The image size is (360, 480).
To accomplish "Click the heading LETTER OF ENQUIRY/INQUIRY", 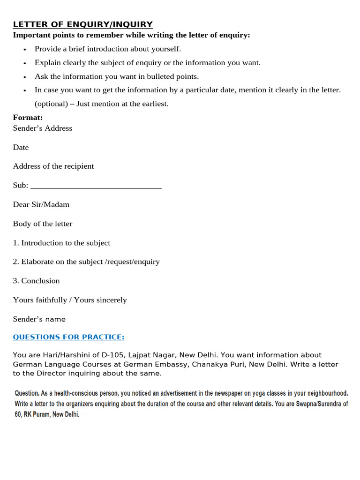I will click(82, 24).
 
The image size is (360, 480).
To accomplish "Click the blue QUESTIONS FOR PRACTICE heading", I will click(68, 337).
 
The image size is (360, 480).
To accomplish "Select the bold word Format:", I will click(28, 117).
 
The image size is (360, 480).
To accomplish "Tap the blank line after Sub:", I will click(96, 186).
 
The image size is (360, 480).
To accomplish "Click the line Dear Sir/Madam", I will click(41, 204).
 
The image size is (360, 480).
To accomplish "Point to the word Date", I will click(21, 147).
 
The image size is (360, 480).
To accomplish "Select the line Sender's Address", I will click(43, 128).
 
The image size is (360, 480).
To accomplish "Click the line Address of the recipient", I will click(53, 166).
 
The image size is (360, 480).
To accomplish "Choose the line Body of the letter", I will click(43, 224).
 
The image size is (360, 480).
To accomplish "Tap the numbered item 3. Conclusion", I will click(37, 281).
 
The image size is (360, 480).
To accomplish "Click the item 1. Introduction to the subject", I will click(61, 243).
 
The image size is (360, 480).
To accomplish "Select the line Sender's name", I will click(39, 319).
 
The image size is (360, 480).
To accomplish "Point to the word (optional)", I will click(49, 104).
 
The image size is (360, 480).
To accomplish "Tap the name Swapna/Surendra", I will click(317, 404).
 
